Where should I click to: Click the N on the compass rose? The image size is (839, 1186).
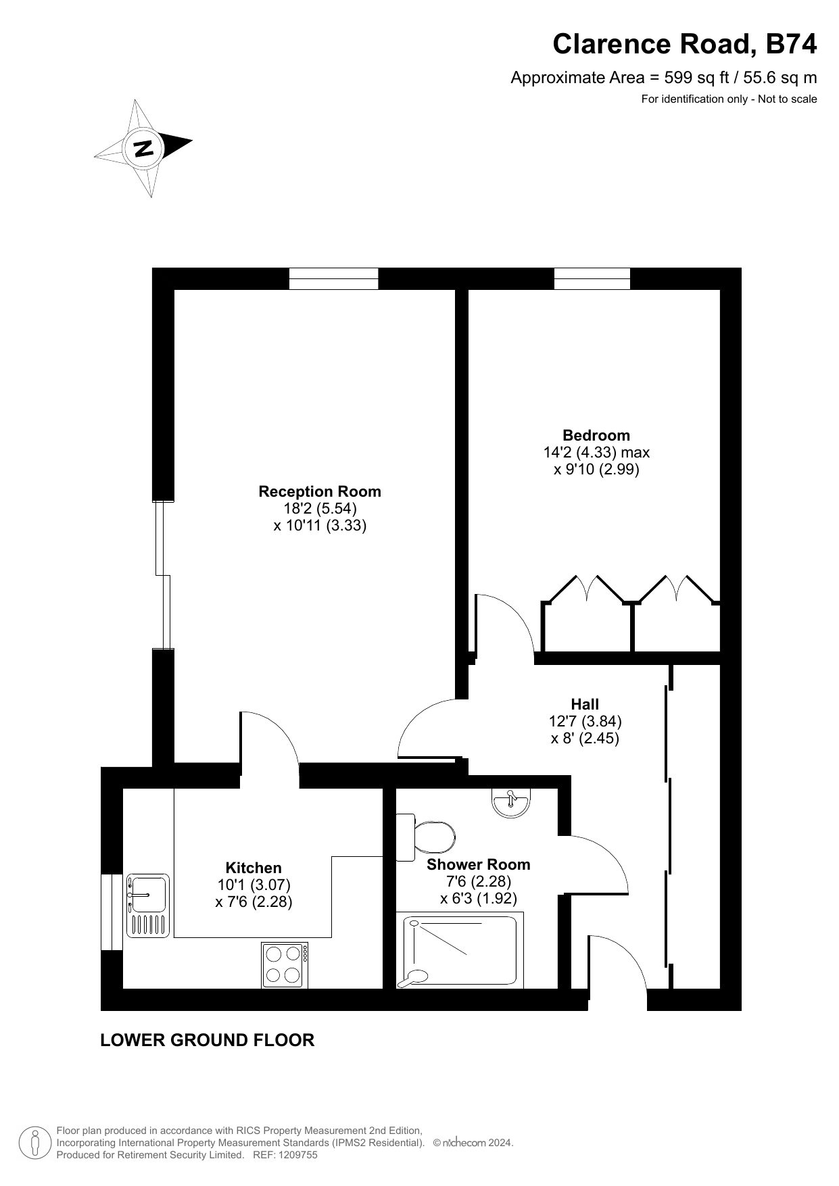(143, 148)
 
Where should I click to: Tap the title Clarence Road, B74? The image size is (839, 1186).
(685, 45)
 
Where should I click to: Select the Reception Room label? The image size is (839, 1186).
(320, 491)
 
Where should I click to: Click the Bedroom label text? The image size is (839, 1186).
(596, 435)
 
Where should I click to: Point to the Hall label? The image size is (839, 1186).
(585, 704)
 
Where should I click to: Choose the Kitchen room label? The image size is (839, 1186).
(254, 868)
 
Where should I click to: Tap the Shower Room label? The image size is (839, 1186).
(479, 864)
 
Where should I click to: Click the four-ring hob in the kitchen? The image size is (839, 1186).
(285, 965)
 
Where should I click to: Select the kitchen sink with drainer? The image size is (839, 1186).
(147, 906)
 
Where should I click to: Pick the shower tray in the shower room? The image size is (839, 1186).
(460, 950)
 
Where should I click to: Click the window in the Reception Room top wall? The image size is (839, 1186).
(334, 278)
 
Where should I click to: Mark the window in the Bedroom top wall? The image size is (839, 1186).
(592, 278)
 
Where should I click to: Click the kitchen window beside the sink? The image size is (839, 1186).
(112, 912)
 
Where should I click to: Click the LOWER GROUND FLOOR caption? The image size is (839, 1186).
(208, 1040)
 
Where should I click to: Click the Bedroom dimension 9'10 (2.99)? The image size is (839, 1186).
(596, 469)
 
